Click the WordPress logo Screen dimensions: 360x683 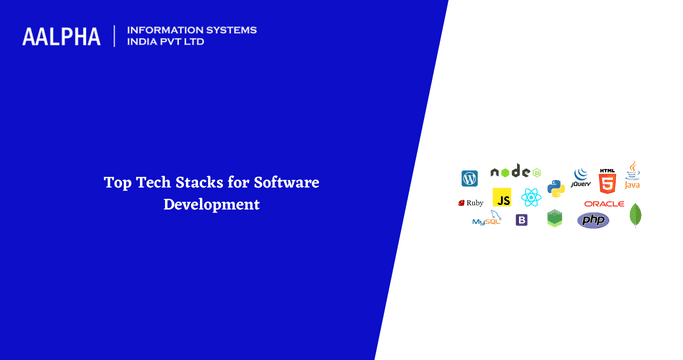(469, 179)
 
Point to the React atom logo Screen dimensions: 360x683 (530, 198)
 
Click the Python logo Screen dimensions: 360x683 (556, 187)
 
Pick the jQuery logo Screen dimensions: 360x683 (580, 179)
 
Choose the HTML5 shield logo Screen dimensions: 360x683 (607, 181)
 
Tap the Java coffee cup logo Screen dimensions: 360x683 (632, 175)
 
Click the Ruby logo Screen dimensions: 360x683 (471, 203)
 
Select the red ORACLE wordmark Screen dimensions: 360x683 (604, 203)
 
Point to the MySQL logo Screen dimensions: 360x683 (487, 220)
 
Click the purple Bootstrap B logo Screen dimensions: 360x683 (521, 220)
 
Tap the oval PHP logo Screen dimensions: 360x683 (593, 220)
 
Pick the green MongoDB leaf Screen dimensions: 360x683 (635, 214)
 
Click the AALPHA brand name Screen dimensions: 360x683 (62, 37)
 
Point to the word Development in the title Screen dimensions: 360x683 (212, 204)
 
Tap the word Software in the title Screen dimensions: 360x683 (286, 183)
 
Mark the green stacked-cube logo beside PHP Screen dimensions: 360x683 (555, 219)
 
